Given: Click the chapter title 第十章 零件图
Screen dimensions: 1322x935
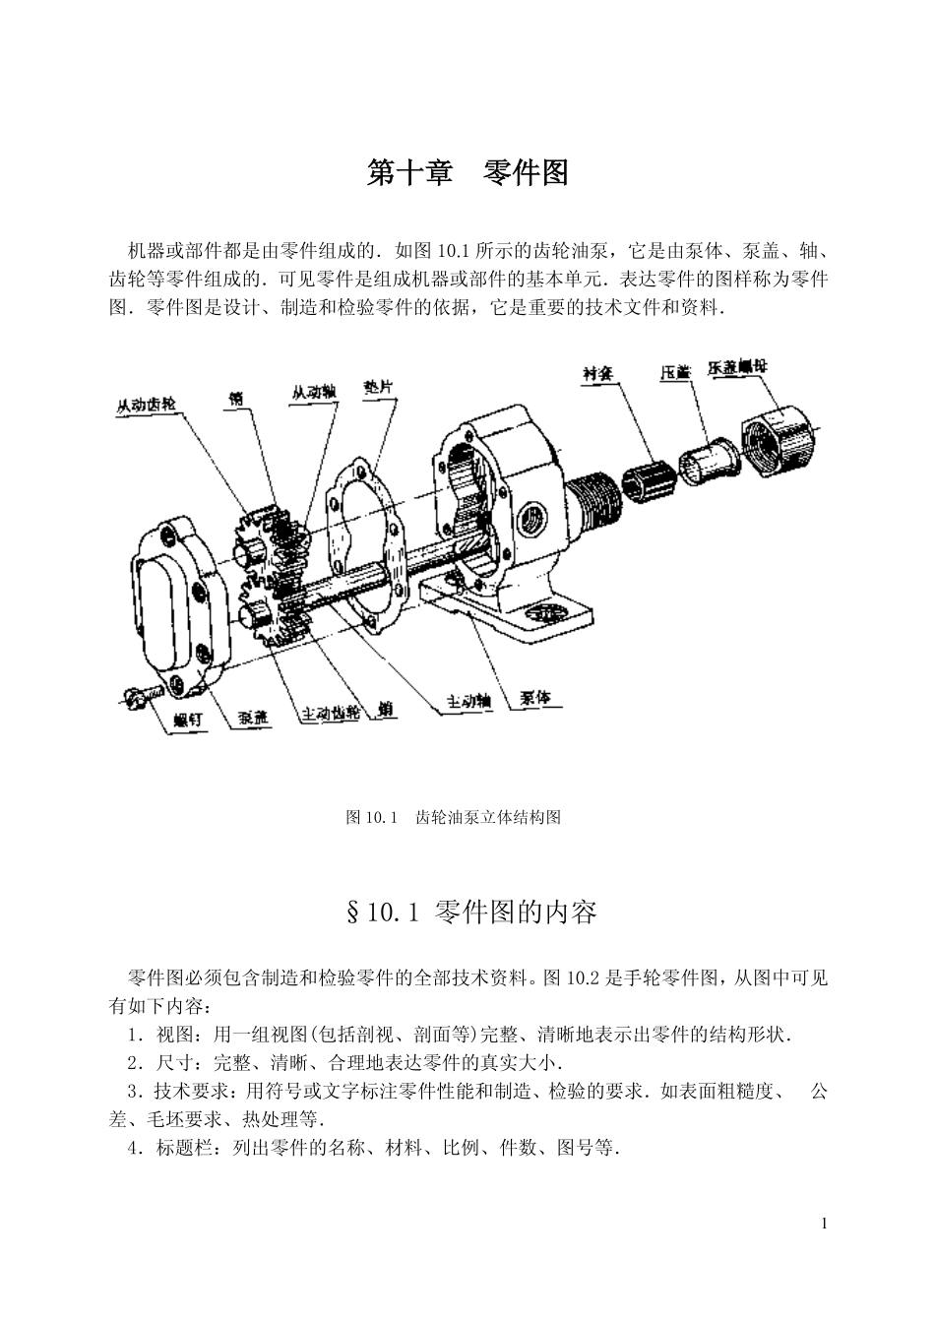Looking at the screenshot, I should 467,174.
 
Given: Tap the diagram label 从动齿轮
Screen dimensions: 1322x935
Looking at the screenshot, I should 146,406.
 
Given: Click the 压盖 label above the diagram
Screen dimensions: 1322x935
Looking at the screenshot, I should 675,373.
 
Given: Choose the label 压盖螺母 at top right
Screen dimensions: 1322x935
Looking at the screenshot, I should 738,367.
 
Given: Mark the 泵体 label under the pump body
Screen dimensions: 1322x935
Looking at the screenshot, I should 536,698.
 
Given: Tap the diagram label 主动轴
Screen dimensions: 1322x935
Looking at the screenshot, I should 468,703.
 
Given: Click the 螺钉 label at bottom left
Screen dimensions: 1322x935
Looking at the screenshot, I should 188,721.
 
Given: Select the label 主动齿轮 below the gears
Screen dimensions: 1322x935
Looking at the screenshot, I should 330,714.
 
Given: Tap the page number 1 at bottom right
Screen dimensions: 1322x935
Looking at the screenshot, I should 824,1224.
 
